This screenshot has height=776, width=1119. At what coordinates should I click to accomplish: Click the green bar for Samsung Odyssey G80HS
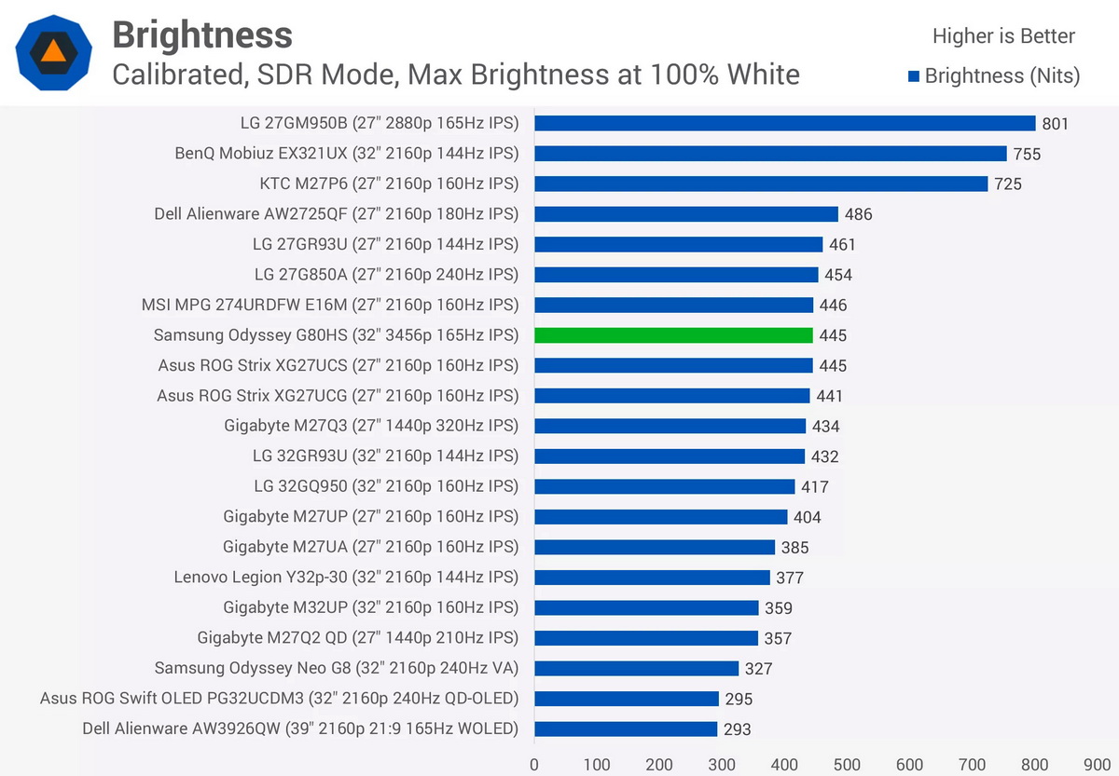[x=673, y=335]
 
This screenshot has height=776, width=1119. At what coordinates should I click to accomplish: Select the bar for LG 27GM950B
[x=785, y=123]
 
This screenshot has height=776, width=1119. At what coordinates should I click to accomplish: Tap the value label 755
[x=1027, y=155]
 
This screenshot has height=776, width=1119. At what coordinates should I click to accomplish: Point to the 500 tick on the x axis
[x=847, y=765]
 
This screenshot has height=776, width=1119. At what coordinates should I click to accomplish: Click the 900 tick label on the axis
[x=1097, y=765]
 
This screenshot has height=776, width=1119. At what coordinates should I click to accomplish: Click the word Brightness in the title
[x=202, y=34]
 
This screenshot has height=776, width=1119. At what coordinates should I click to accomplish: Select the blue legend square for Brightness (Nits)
[x=914, y=76]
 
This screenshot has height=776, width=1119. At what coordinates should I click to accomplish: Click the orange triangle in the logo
[x=53, y=51]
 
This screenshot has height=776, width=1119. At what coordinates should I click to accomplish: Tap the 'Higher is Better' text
[x=1003, y=36]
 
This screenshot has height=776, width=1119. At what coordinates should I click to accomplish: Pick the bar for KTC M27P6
[x=761, y=184]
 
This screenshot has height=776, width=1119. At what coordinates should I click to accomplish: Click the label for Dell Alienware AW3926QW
[x=300, y=728]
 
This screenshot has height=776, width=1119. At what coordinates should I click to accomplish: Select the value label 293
[x=738, y=729]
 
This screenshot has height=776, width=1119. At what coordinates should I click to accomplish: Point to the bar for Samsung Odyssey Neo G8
[x=636, y=668]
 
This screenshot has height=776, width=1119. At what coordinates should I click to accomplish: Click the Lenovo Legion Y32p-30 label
[x=346, y=578]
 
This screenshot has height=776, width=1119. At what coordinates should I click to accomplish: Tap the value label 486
[x=858, y=214]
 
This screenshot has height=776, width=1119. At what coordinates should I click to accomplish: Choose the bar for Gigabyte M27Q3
[x=670, y=426]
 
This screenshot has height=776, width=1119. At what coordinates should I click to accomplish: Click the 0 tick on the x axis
[x=534, y=765]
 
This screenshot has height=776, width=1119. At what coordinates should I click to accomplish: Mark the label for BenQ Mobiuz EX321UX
[x=347, y=153]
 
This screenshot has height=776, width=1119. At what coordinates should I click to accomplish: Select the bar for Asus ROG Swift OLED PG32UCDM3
[x=627, y=699]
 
